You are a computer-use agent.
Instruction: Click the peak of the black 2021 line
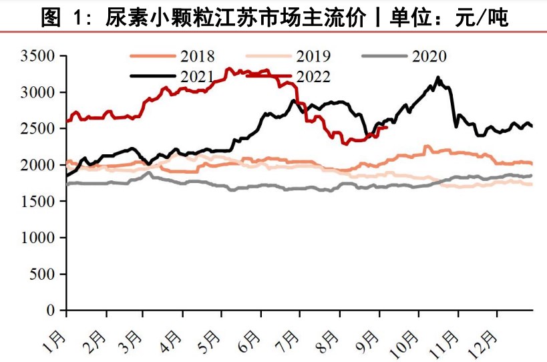click(x=438, y=77)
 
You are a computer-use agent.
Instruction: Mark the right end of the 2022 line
click(x=387, y=128)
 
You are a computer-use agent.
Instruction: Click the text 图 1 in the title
click(x=64, y=17)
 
